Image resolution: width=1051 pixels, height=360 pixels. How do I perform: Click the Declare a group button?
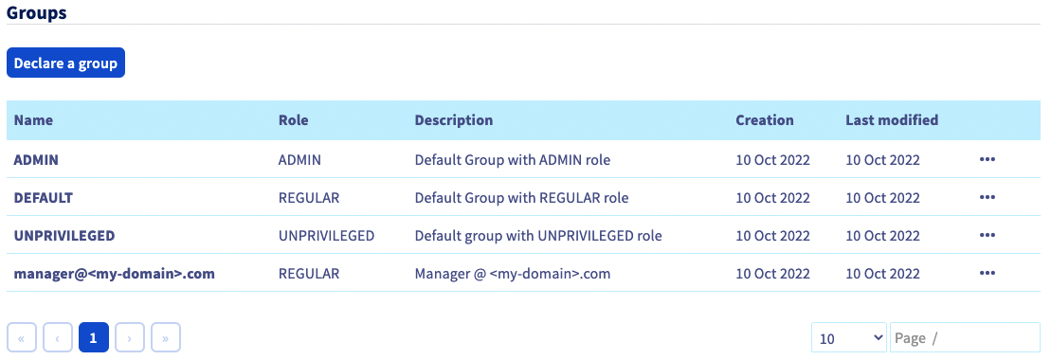(x=65, y=63)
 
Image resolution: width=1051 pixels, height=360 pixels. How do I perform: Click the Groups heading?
(x=37, y=12)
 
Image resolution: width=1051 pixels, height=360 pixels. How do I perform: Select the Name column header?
(x=33, y=120)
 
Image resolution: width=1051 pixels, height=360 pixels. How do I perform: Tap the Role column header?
(x=293, y=120)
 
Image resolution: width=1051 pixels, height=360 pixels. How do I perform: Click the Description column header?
(x=453, y=120)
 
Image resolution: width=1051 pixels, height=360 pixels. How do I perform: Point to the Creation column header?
(x=764, y=120)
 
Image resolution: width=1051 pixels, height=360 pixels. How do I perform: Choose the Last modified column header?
(x=891, y=120)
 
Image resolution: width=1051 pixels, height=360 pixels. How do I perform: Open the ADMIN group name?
(x=36, y=160)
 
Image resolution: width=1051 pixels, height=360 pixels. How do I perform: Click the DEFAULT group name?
(x=43, y=198)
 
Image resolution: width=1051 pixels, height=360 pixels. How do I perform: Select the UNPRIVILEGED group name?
(x=63, y=235)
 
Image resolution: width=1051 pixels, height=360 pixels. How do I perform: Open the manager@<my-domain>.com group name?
(x=114, y=274)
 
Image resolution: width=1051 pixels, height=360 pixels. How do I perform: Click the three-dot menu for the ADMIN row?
(x=987, y=160)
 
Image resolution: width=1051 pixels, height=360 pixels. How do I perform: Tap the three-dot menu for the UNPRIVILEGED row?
(x=987, y=235)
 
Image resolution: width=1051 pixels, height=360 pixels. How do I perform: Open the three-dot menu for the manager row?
(x=987, y=274)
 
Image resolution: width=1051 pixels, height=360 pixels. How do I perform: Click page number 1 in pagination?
(x=94, y=337)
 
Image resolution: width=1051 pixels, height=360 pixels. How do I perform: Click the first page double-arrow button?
(x=22, y=337)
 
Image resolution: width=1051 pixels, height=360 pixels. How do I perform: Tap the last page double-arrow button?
(x=166, y=337)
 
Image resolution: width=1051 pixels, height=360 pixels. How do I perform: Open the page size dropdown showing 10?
(x=848, y=337)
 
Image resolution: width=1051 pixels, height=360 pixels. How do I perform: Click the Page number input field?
(x=964, y=337)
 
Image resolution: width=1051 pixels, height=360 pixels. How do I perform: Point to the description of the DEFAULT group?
(x=521, y=198)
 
